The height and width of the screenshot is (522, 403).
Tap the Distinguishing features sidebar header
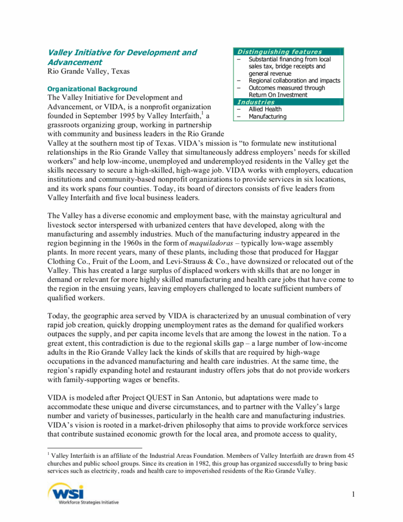click(280, 52)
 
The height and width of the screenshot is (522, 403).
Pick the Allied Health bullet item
click(265, 109)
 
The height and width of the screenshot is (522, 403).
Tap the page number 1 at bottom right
click(353, 494)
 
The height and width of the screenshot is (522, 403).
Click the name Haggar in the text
click(340, 252)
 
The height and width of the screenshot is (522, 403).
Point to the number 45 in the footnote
click(350, 456)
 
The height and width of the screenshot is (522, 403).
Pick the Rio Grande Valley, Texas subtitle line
click(89, 72)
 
